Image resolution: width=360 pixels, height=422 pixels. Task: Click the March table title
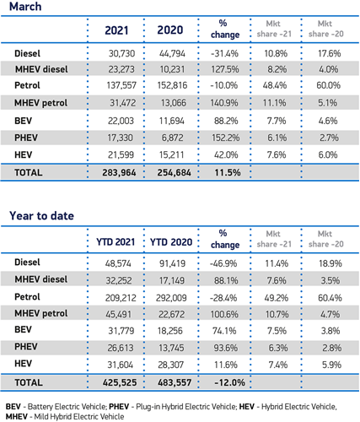tap(25, 7)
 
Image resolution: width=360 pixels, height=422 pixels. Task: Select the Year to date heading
tap(41, 216)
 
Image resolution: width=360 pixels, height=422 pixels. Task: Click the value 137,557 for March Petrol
tap(121, 85)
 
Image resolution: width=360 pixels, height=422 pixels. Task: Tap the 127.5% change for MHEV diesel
tap(225, 69)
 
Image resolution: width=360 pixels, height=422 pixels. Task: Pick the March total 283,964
tap(119, 172)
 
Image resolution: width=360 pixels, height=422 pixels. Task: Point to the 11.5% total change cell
tap(228, 172)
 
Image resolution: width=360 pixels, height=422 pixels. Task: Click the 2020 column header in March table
tap(170, 30)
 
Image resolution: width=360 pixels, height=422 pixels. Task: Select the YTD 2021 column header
tap(116, 242)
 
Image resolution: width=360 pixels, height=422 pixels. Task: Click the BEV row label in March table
tap(23, 121)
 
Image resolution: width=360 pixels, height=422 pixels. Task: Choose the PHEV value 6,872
tap(172, 138)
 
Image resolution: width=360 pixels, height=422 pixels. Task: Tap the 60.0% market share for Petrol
tap(328, 85)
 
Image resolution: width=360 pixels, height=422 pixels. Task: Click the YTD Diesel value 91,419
tap(172, 263)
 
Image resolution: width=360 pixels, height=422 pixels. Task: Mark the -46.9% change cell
tap(223, 263)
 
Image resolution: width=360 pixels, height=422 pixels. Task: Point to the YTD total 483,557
tap(175, 382)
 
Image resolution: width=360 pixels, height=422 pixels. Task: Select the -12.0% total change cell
tap(229, 382)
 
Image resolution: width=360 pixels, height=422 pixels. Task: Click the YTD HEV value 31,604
tap(120, 365)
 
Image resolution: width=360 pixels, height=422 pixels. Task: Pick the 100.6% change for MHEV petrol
tap(224, 314)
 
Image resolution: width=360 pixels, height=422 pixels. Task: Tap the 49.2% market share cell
tap(277, 298)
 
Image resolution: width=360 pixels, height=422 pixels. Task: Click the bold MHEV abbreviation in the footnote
tap(17, 417)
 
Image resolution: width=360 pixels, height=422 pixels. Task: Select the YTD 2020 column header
tap(171, 242)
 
